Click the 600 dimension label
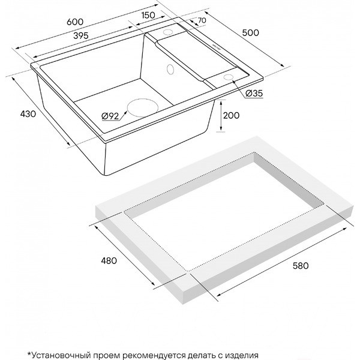click(x=75, y=22)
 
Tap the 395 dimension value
click(x=81, y=35)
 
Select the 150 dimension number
click(x=148, y=15)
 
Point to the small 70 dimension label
click(x=202, y=20)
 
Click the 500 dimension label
click(x=250, y=32)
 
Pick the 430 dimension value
click(x=28, y=114)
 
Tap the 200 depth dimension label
click(x=231, y=115)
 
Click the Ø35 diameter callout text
click(x=254, y=94)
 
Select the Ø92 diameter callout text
click(x=110, y=116)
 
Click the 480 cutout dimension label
click(x=109, y=260)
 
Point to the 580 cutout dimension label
click(x=301, y=266)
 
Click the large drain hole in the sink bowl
click(x=143, y=108)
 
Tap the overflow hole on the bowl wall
click(x=170, y=69)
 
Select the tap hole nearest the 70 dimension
click(x=168, y=32)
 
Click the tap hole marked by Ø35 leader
click(x=228, y=77)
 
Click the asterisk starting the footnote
click(x=29, y=353)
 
